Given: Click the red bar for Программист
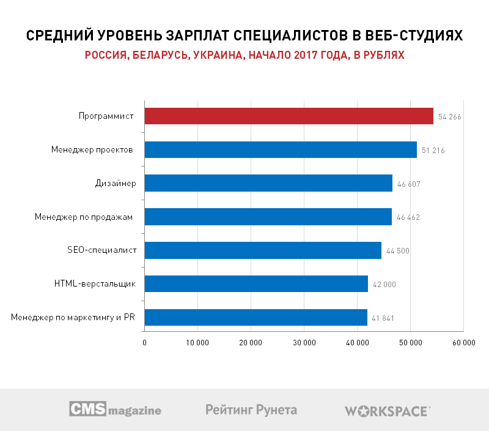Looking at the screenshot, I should [x=289, y=116].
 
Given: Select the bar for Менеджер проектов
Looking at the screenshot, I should [x=281, y=150].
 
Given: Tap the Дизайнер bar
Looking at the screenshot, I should [x=268, y=183].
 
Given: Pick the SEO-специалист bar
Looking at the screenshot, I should [x=263, y=250].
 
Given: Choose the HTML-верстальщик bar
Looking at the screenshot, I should [x=256, y=283].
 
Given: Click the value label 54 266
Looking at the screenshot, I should [x=449, y=117].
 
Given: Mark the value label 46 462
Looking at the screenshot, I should [x=408, y=217].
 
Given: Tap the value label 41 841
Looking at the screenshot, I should [x=383, y=318].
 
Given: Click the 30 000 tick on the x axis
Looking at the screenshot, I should [x=304, y=343].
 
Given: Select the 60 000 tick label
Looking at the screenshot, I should [x=463, y=343].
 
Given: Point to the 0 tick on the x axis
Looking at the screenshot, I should [x=144, y=343].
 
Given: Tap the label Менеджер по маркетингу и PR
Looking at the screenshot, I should [x=73, y=317].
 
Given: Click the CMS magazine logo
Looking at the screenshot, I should [x=115, y=410].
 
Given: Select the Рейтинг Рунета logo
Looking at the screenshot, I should [x=251, y=410].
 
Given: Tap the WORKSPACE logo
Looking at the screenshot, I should [x=388, y=411].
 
